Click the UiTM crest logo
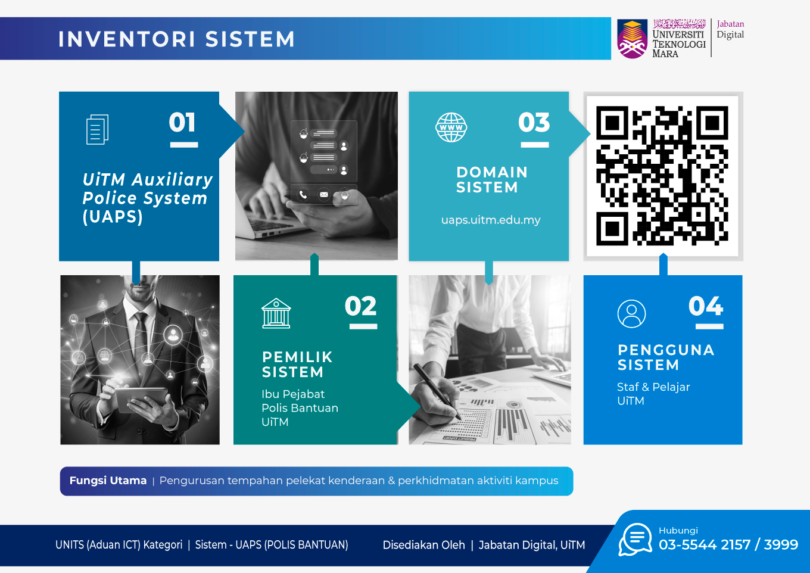[x=632, y=39]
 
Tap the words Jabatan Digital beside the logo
[x=730, y=29]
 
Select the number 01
[x=182, y=122]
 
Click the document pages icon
[x=97, y=129]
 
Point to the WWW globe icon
[x=451, y=127]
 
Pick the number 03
[x=534, y=122]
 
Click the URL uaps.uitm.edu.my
[x=491, y=220]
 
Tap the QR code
[x=662, y=176]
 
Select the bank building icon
[x=276, y=313]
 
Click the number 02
[x=360, y=306]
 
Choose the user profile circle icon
[x=631, y=314]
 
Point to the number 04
[x=706, y=306]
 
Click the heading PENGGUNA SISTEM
[x=666, y=357]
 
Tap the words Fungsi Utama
[x=108, y=481]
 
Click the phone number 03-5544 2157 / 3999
[x=728, y=545]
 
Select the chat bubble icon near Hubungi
[x=635, y=540]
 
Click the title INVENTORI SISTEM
[x=176, y=39]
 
